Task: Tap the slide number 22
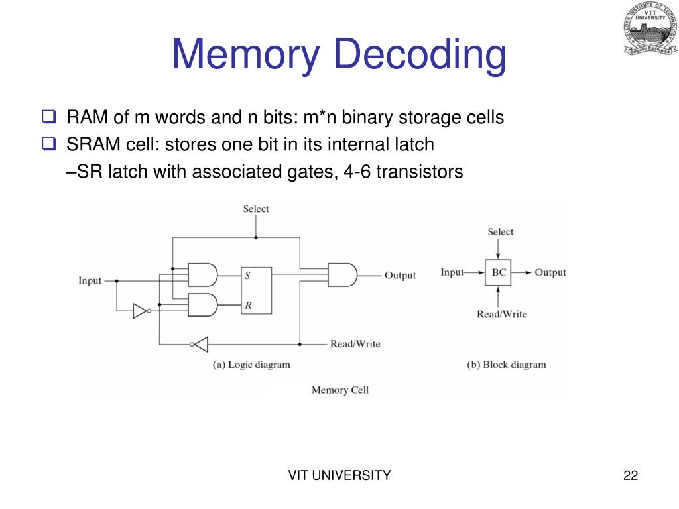631,475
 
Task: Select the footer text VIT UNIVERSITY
339,475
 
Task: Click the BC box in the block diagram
498,272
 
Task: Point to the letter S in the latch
247,276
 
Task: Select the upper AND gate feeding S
203,274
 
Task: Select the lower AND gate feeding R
203,305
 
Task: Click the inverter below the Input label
141,310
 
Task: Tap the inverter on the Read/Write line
200,344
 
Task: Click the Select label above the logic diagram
255,209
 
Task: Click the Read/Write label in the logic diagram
355,344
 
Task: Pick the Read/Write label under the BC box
501,314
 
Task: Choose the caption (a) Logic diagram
251,365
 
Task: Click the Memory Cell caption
339,390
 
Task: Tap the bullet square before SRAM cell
49,144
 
